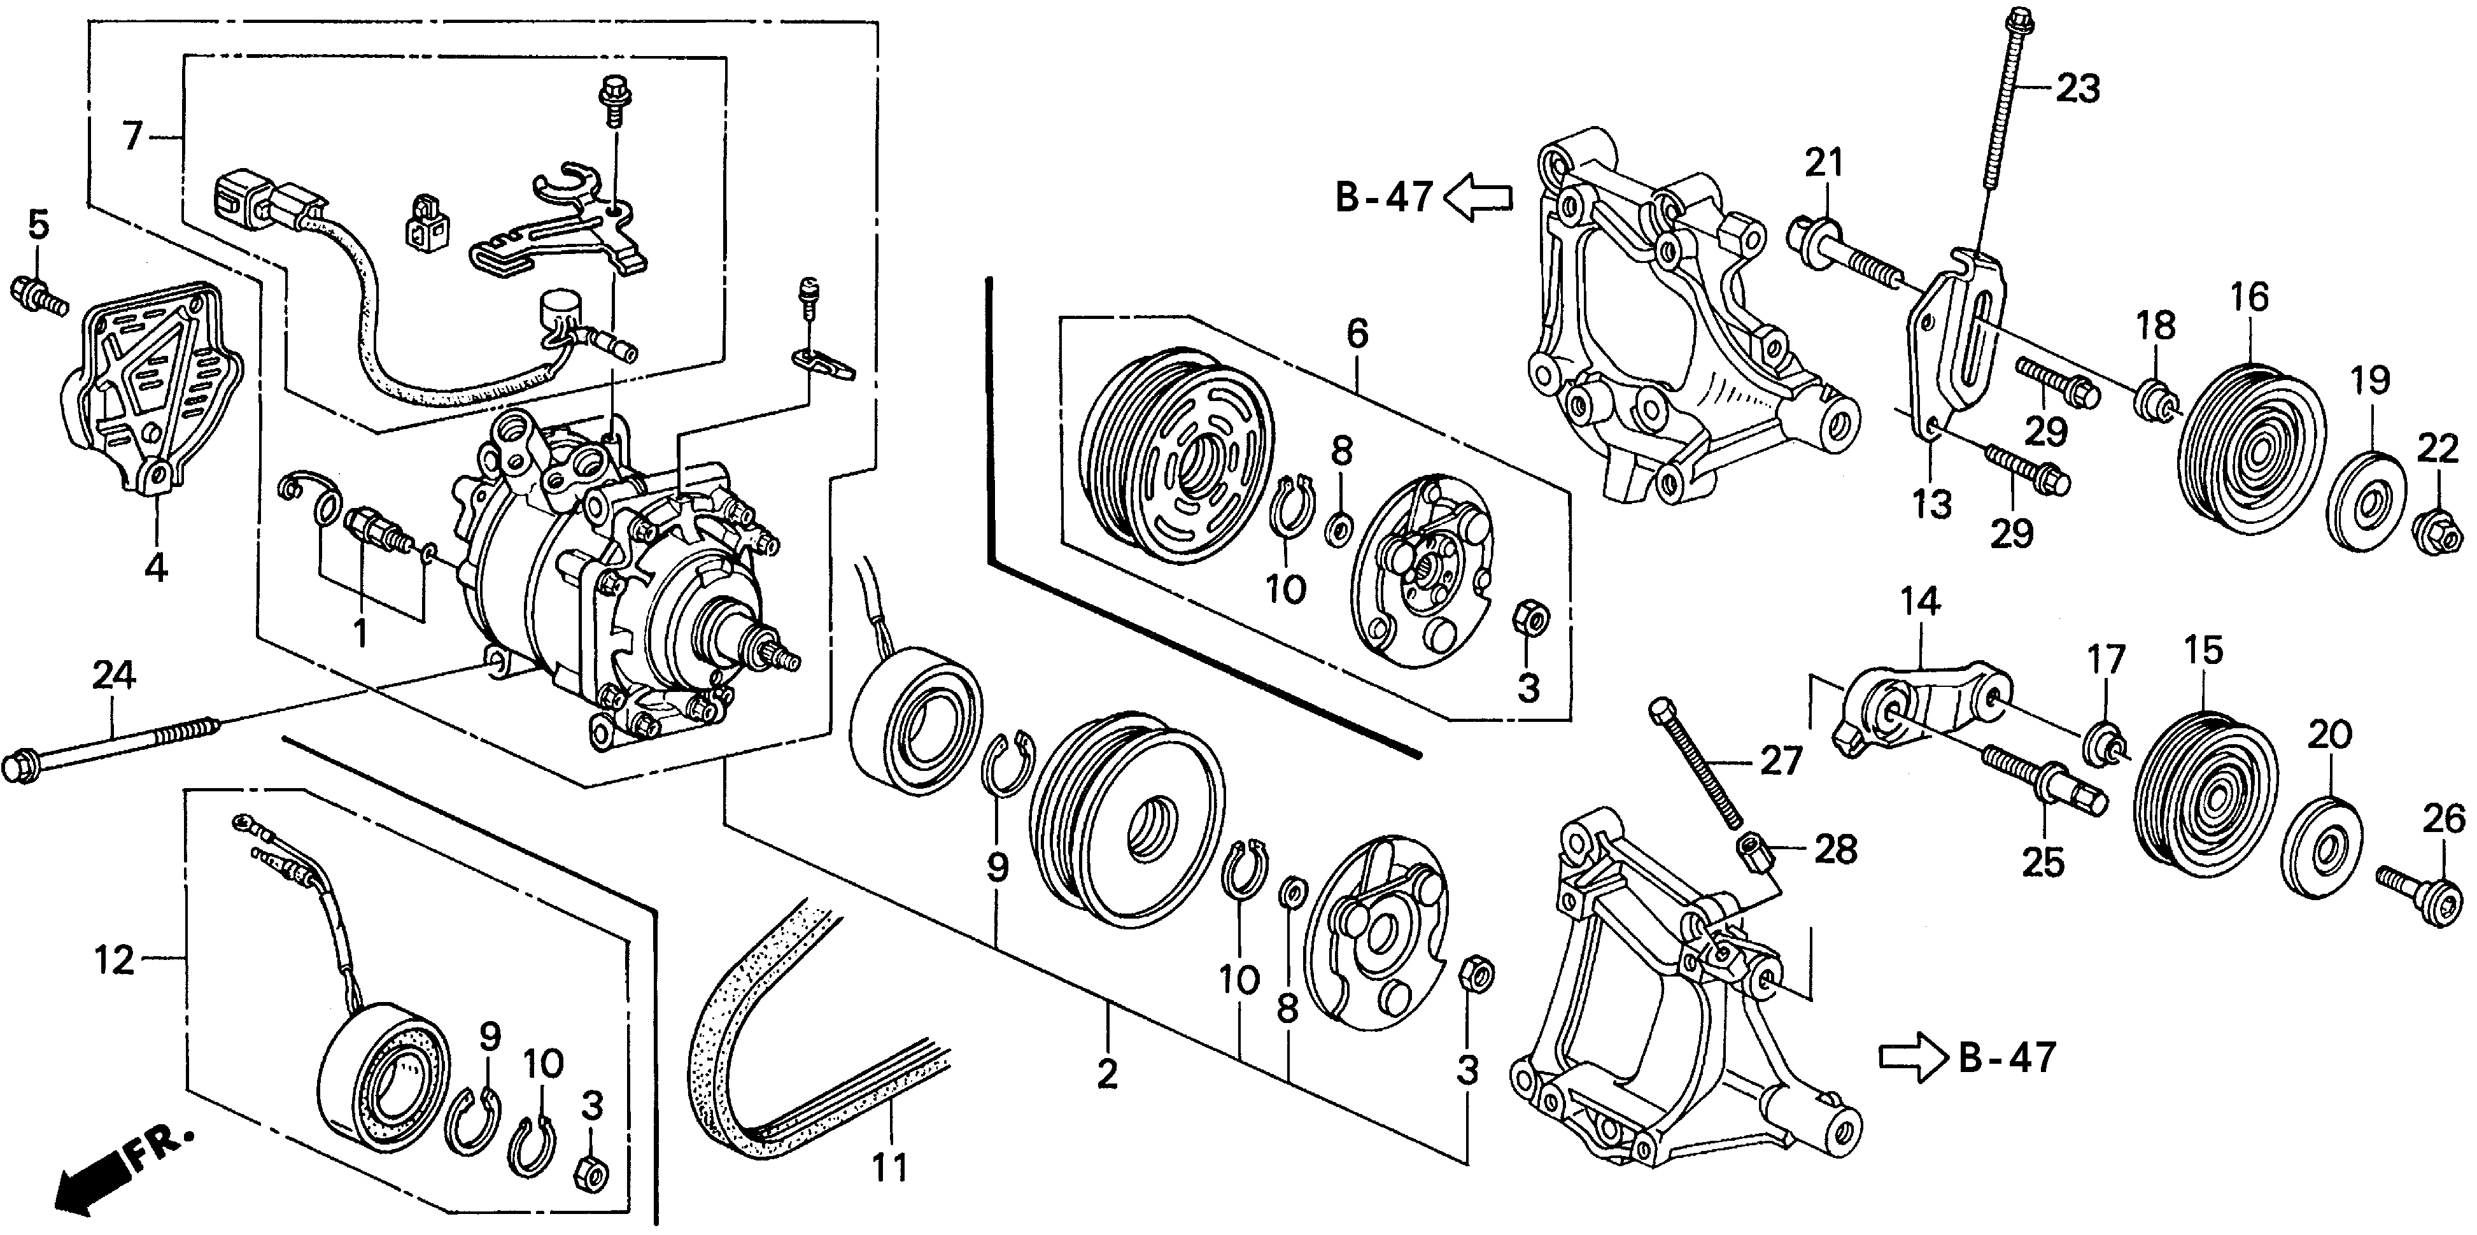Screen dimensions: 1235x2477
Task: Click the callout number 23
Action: coord(2077,90)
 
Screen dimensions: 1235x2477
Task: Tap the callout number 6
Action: coord(1356,335)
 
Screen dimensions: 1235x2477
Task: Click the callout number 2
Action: coord(1107,1073)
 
